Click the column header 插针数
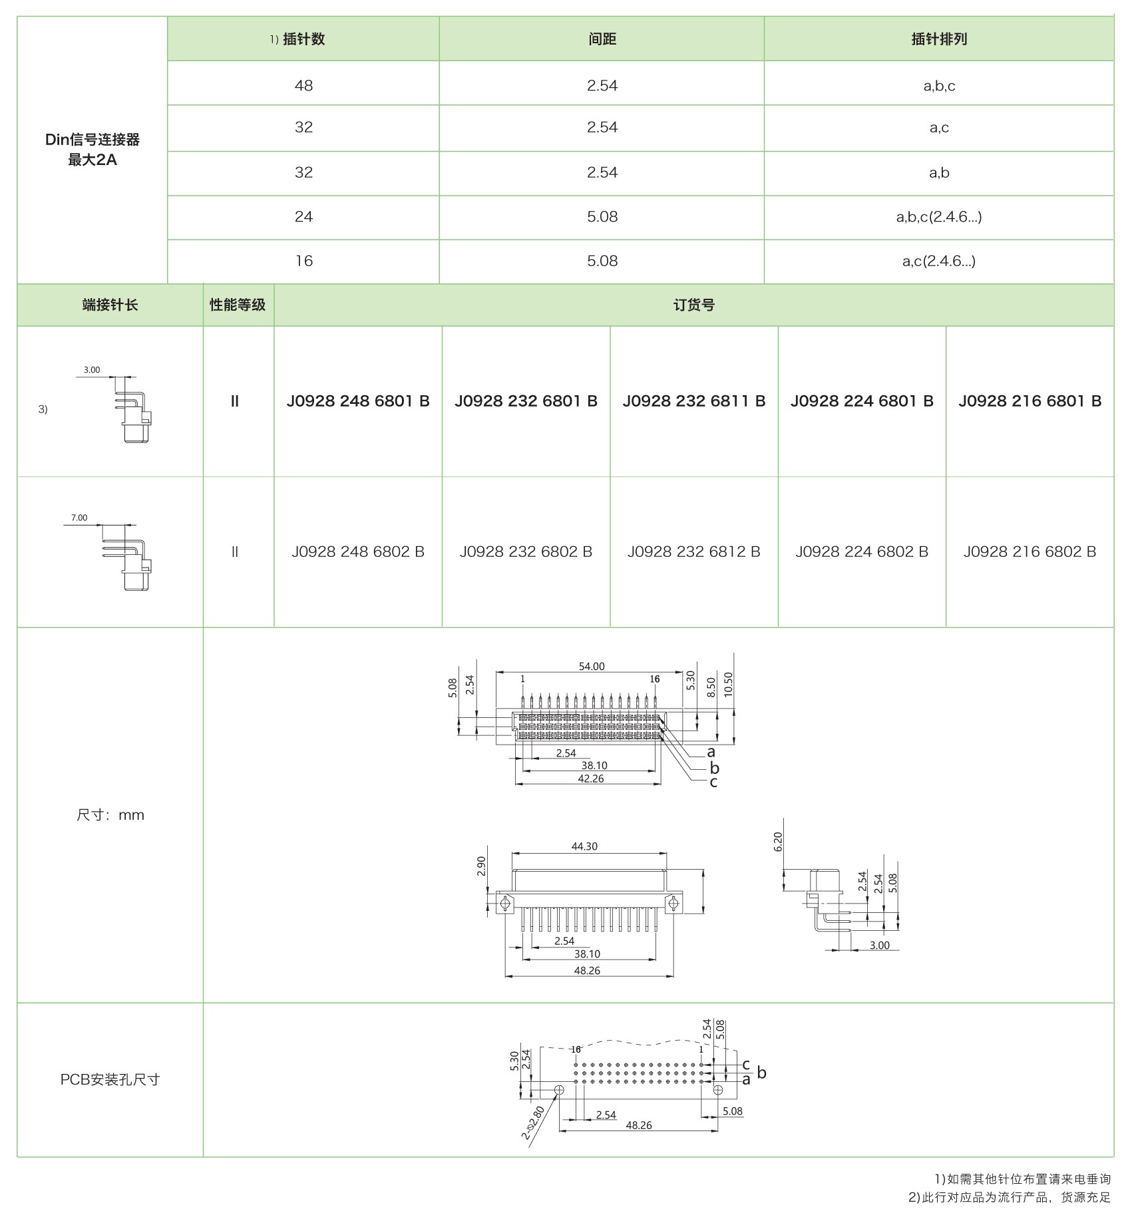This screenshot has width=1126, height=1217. tap(303, 39)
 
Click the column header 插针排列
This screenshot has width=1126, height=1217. tap(938, 39)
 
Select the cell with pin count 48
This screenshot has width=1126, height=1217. tap(303, 86)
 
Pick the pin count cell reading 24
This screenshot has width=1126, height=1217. tap(303, 217)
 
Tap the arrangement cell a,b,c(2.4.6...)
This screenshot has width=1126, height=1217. tap(938, 217)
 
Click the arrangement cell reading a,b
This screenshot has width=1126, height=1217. tap(938, 173)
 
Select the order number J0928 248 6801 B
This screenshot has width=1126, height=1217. tap(358, 401)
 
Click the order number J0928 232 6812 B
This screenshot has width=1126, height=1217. tap(693, 552)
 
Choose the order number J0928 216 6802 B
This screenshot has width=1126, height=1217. tap(1030, 552)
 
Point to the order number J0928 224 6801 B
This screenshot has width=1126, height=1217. tap(862, 401)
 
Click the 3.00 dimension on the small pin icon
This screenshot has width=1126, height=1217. tap(92, 370)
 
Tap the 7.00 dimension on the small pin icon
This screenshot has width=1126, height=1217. tap(79, 518)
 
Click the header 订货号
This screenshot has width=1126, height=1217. tap(693, 305)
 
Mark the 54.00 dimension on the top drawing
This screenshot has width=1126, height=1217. tap(591, 666)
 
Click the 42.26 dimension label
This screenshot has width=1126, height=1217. tap(590, 779)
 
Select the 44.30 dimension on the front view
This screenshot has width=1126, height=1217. tap(584, 846)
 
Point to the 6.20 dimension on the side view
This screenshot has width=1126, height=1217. tap(778, 841)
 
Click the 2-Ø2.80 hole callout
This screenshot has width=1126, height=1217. tap(534, 1124)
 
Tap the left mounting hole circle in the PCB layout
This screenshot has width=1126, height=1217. tap(559, 1090)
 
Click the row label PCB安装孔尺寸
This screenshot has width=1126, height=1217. tap(110, 1079)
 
